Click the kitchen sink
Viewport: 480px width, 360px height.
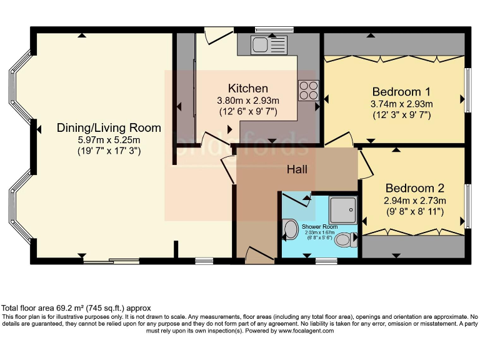[268, 45]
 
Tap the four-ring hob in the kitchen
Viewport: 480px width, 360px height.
[308, 91]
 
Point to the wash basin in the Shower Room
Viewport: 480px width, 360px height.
[291, 229]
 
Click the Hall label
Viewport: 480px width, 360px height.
[297, 169]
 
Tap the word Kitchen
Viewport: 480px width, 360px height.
[247, 88]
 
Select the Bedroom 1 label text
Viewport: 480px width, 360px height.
[402, 90]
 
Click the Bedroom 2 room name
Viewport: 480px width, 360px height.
[414, 188]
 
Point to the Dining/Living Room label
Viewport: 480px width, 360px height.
[109, 127]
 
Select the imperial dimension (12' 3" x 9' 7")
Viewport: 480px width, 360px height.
[402, 115]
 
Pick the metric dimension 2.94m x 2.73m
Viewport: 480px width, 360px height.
[414, 201]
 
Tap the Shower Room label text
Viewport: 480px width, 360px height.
[319, 226]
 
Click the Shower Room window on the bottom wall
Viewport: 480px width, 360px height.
[326, 260]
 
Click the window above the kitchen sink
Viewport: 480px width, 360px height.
[274, 29]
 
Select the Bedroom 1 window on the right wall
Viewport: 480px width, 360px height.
[467, 90]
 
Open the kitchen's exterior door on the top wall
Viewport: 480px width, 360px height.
[217, 35]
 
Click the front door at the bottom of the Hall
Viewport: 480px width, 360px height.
[259, 254]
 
